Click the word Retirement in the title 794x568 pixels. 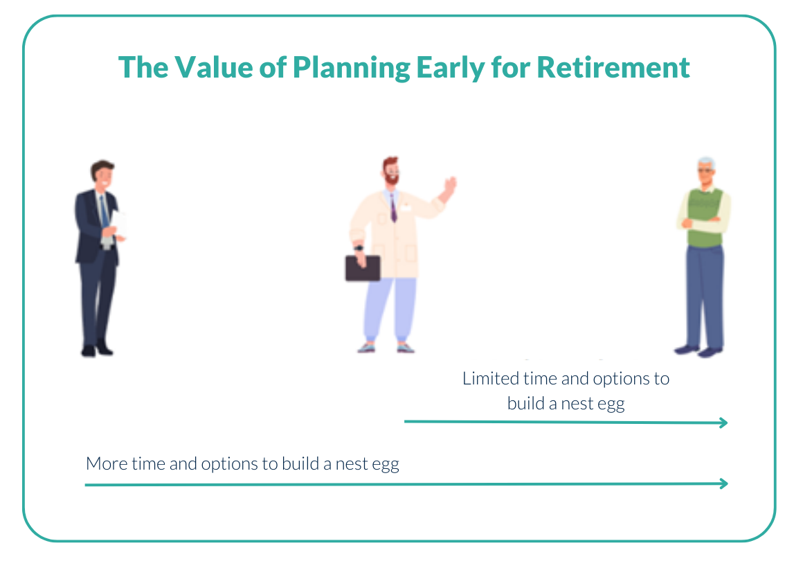613,67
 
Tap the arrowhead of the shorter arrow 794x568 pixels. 723,423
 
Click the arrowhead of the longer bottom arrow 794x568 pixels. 723,484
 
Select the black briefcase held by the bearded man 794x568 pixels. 363,267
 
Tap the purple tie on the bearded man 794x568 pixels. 393,208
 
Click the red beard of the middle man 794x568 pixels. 391,178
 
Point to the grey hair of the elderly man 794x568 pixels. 706,163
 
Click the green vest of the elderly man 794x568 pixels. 705,218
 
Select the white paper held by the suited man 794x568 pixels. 120,224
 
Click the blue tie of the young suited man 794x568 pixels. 104,211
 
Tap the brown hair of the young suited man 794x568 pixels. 102,168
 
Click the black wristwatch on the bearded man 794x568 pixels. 359,248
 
